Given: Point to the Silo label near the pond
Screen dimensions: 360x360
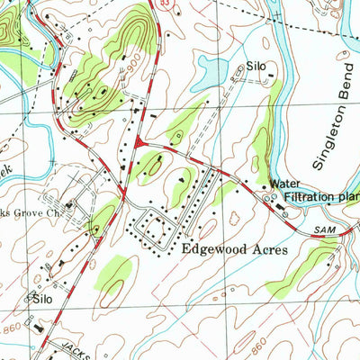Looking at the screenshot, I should pyautogui.click(x=258, y=67).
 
